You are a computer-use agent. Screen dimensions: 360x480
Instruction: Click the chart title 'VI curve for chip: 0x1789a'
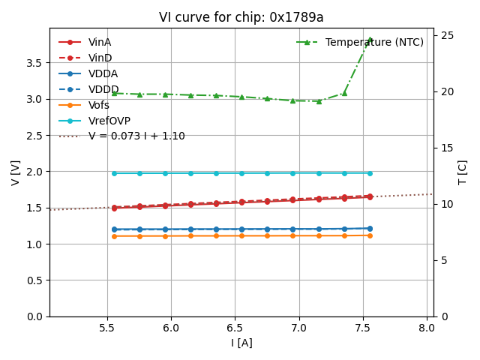point(241,17)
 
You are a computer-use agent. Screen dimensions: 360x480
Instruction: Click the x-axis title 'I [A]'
point(241,343)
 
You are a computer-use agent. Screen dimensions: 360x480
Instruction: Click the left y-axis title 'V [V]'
point(16,172)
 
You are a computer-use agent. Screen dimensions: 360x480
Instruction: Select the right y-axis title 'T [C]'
point(463,172)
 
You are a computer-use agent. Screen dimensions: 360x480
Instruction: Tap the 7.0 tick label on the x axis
point(299,328)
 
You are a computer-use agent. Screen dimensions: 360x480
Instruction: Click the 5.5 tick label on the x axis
point(107,328)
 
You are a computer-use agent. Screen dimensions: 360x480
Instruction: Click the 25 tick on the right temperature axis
point(445,35)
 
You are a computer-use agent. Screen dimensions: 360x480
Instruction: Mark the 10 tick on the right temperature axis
point(445,204)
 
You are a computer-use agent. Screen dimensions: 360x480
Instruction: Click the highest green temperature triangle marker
point(370,40)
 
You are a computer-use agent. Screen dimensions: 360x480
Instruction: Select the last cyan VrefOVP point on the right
point(370,173)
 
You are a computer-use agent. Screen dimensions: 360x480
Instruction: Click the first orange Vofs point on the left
point(114,236)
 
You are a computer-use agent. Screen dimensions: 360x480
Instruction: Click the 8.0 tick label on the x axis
point(427,328)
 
